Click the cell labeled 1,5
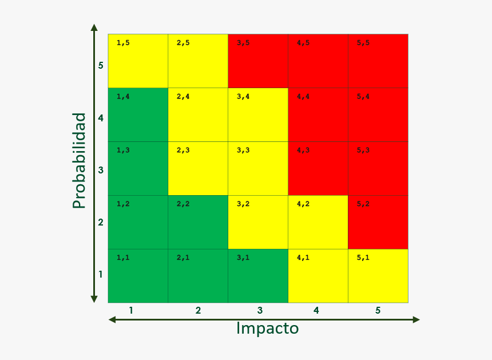(138, 61)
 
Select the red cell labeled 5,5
(378, 61)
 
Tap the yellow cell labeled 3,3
(258, 168)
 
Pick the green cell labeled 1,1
(138, 276)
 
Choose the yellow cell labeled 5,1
(378, 276)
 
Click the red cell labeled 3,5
(258, 61)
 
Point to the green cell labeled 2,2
(198, 222)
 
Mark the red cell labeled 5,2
(378, 222)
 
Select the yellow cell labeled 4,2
(318, 222)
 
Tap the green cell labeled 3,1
(258, 276)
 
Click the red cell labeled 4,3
(318, 168)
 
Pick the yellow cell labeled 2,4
(198, 114)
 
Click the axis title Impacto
(267, 329)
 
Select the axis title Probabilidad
(80, 160)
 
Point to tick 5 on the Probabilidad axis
(101, 65)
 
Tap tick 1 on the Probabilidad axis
(101, 274)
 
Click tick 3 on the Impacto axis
(260, 311)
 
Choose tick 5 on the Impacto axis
(378, 311)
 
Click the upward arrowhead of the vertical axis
(94, 27)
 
